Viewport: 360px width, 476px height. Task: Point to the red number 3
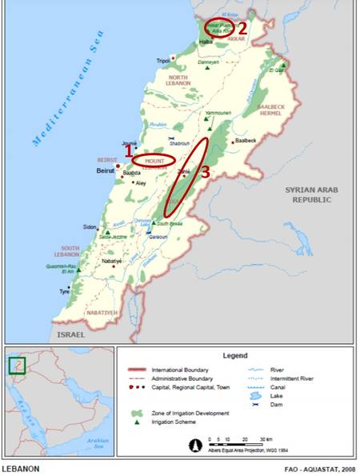[206, 171]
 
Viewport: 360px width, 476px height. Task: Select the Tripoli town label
[163, 60]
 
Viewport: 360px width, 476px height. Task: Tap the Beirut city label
[105, 171]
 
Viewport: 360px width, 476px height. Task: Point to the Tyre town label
[65, 292]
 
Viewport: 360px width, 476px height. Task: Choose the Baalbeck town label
[244, 141]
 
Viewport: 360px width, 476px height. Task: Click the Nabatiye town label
[111, 262]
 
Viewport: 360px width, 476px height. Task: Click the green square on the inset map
[17, 366]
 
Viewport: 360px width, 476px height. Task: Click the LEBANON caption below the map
[19, 468]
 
